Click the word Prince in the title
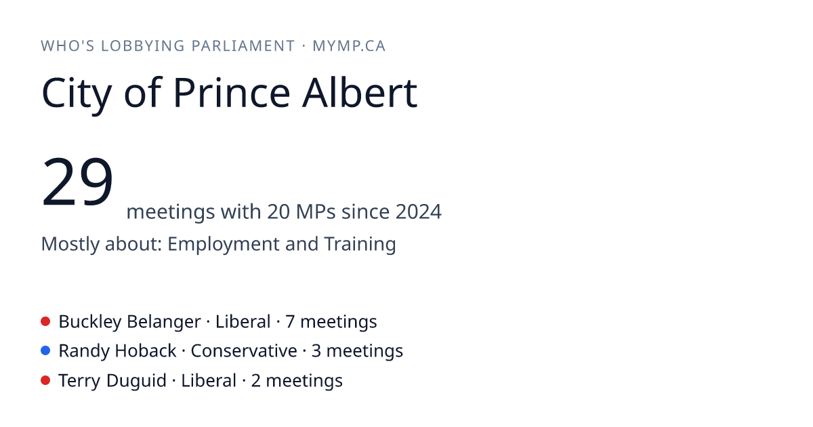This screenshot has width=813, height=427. [232, 94]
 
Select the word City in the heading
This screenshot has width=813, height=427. [77, 95]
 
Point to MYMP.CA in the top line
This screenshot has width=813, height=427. [349, 46]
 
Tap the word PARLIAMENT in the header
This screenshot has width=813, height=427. [243, 46]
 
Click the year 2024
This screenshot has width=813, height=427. [419, 211]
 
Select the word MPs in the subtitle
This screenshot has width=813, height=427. [316, 211]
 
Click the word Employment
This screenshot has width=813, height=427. [223, 245]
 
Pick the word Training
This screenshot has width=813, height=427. [360, 245]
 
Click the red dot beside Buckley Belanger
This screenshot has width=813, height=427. [45, 321]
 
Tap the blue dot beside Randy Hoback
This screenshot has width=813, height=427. [45, 350]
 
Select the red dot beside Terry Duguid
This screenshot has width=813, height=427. [45, 380]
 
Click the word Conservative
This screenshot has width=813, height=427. [244, 351]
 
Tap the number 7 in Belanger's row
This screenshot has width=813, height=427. [290, 322]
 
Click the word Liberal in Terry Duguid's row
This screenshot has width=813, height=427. [209, 381]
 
